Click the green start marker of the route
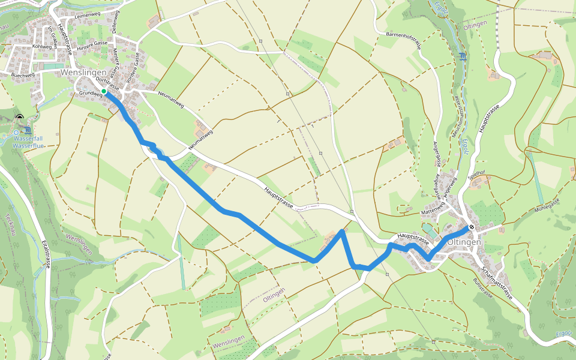(x=104, y=91)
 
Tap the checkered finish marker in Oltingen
(x=472, y=227)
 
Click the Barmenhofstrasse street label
(x=409, y=35)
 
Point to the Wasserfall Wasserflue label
(x=28, y=142)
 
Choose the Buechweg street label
(x=23, y=75)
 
